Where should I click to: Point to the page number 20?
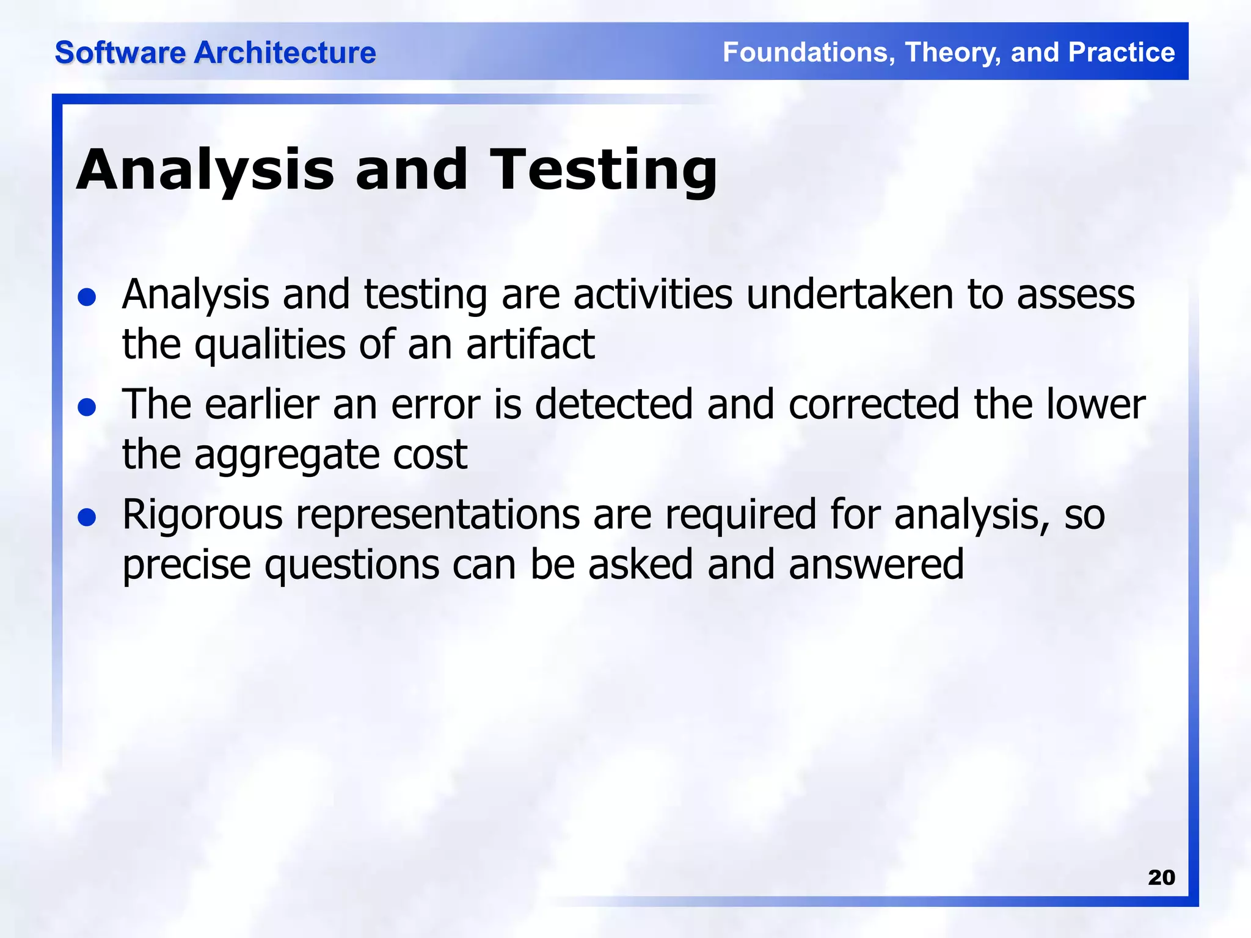[x=1161, y=878]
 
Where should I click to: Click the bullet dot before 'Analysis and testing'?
[x=87, y=297]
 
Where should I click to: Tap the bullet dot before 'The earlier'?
[x=87, y=407]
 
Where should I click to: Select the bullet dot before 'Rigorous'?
[x=87, y=517]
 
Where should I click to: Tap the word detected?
[x=614, y=405]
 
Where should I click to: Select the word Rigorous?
[x=202, y=515]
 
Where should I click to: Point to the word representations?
[x=437, y=515]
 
